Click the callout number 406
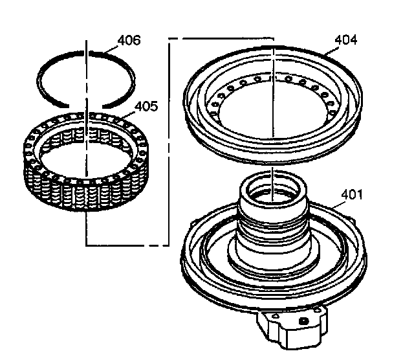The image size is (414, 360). (128, 41)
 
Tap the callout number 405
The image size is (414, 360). (146, 106)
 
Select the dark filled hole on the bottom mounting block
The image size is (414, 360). (303, 320)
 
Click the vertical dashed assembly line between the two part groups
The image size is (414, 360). (169, 142)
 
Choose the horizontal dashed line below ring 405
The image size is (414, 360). (126, 245)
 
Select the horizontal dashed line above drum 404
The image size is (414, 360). (220, 39)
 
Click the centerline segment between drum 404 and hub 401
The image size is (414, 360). (274, 168)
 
